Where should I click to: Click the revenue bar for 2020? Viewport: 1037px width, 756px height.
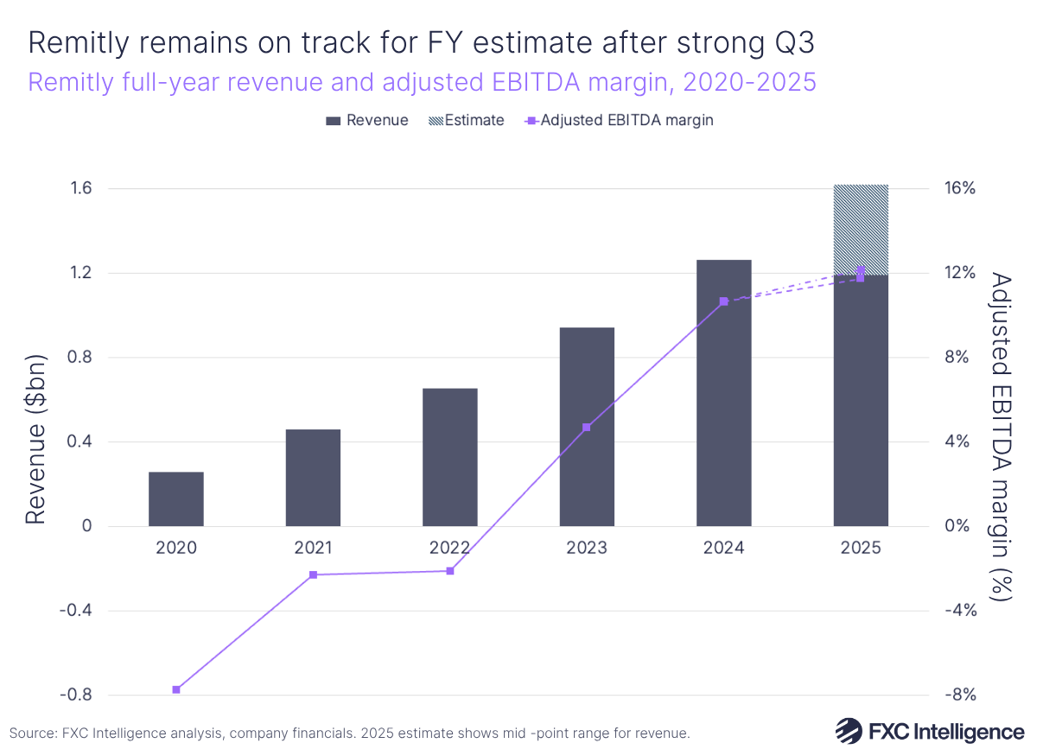[176, 499]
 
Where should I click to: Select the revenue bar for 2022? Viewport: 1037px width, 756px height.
[450, 457]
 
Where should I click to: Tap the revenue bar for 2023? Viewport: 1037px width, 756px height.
[587, 427]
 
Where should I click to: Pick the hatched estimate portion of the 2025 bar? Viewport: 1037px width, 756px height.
[861, 228]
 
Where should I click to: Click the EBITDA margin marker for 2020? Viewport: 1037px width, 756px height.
[176, 689]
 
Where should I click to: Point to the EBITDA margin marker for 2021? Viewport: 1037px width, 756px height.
[313, 575]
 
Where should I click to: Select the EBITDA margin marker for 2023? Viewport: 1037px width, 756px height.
[587, 427]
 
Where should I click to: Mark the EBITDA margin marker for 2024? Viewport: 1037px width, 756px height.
[723, 302]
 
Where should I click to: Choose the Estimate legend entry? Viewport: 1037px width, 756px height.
[467, 120]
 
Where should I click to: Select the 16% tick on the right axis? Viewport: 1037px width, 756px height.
[958, 188]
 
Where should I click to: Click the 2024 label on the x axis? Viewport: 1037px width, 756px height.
[723, 548]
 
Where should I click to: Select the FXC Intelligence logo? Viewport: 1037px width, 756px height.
[929, 731]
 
